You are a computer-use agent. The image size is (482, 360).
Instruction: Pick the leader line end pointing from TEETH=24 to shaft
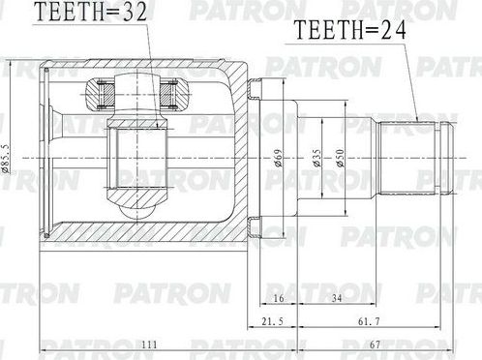point(417,118)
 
